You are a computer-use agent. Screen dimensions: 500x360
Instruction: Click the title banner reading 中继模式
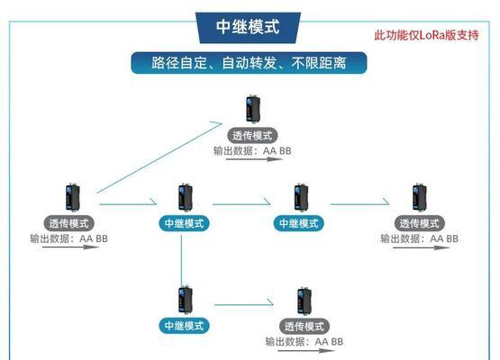point(248,27)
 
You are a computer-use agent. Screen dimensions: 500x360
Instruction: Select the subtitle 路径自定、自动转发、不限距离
point(249,63)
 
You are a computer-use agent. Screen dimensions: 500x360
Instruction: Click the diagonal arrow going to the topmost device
point(159,157)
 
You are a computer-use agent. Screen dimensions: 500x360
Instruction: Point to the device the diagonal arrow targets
point(253,109)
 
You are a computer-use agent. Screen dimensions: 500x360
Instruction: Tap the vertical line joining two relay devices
point(181,261)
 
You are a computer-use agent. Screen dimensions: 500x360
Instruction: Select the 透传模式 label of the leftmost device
point(68,223)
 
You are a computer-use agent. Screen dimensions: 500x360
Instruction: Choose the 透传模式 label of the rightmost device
point(419,223)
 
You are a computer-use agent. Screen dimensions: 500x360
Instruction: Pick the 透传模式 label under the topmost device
point(252,136)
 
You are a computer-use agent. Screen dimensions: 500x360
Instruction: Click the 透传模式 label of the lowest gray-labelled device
point(305,326)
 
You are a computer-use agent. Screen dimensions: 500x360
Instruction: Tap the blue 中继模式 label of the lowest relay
point(184,326)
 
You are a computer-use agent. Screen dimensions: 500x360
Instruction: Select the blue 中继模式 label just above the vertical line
point(184,223)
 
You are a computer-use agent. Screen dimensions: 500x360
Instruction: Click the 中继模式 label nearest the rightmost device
point(299,223)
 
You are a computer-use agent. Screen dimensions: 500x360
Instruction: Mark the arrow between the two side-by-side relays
point(241,203)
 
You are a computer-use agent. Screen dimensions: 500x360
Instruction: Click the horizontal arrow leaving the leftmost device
point(128,203)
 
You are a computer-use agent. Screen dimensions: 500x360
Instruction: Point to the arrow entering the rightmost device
point(359,203)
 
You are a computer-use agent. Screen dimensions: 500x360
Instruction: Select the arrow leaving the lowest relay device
point(244,304)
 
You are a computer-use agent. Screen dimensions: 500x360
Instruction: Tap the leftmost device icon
point(73,197)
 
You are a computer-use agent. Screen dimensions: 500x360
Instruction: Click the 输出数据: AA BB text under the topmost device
point(252,150)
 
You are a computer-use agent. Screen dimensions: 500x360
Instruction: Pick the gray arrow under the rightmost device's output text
point(422,247)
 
